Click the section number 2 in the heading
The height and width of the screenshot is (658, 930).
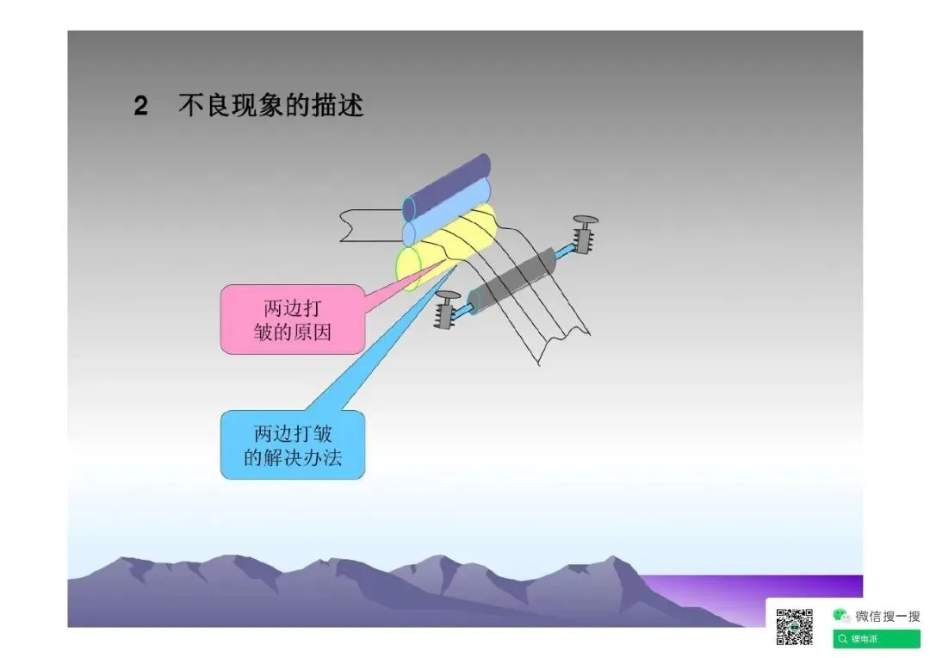[x=141, y=106]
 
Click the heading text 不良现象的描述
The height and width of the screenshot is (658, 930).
[x=271, y=105]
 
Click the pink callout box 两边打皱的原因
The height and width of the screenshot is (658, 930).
[x=292, y=320]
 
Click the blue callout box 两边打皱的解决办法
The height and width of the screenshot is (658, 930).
[x=292, y=444]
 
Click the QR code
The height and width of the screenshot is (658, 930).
[x=795, y=626]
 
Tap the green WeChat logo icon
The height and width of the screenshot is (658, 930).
[x=841, y=615]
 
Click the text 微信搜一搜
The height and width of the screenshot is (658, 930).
[x=887, y=616]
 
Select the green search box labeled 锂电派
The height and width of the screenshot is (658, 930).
[x=876, y=639]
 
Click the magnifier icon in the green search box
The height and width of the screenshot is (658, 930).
[x=842, y=639]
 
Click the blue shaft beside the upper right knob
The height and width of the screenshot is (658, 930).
[x=566, y=251]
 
